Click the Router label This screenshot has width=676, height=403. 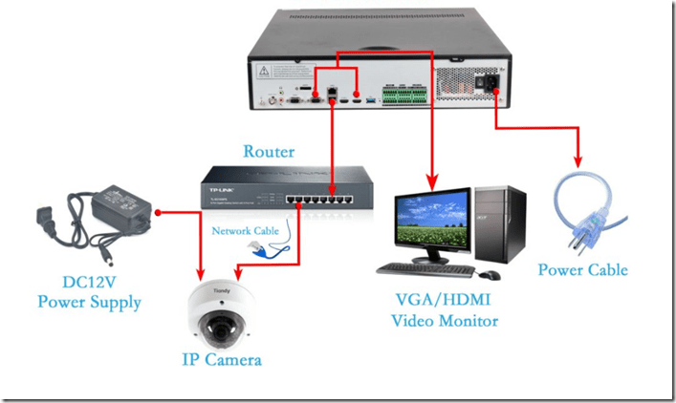point(269,151)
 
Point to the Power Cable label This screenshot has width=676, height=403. point(582,269)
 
